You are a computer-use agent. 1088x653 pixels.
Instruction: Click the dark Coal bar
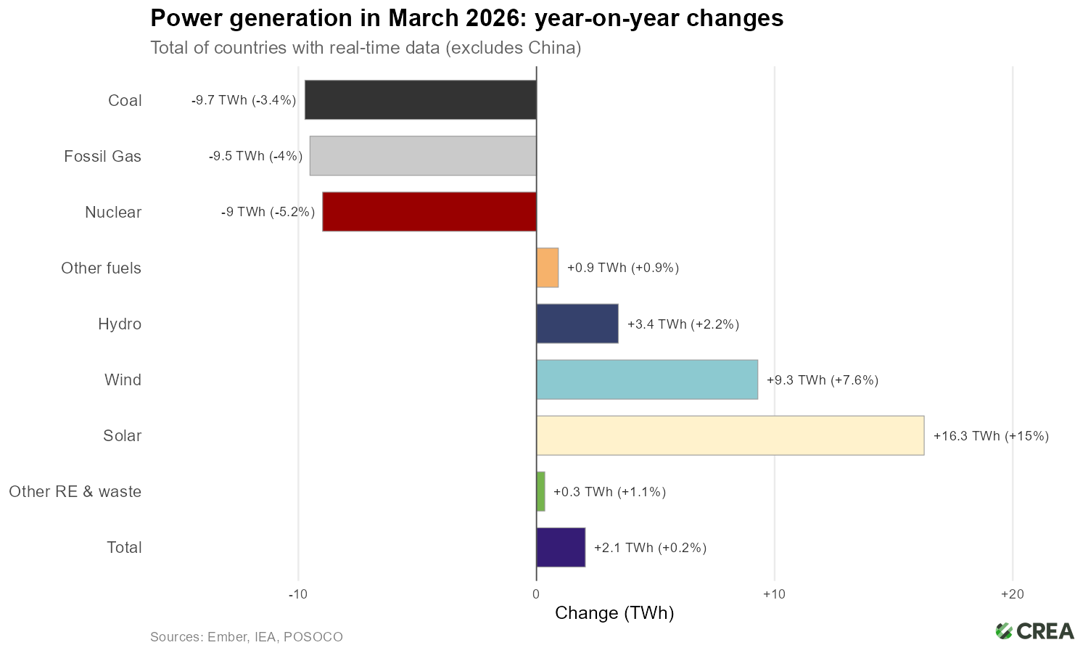point(421,100)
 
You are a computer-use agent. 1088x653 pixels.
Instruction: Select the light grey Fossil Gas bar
point(423,156)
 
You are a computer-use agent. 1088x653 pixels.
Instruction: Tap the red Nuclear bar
point(429,212)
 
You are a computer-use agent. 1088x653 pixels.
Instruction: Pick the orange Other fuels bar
point(548,268)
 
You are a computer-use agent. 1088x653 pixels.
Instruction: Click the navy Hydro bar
point(577,324)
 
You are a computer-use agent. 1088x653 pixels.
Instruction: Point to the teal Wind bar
point(647,379)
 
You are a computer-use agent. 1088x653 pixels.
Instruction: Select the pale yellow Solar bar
point(730,435)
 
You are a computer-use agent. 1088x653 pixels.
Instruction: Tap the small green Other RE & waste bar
point(541,491)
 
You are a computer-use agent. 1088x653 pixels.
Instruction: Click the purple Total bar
point(561,547)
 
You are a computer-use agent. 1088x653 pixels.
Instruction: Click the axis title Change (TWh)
point(614,614)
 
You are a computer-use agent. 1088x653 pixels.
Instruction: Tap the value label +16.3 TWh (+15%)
point(991,436)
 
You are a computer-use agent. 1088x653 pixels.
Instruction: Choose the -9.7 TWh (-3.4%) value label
point(244,101)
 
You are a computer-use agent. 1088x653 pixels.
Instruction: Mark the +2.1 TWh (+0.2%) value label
point(650,548)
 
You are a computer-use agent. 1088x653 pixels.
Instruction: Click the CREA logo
point(1034,631)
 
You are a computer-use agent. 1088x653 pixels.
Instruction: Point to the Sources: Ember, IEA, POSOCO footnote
point(247,637)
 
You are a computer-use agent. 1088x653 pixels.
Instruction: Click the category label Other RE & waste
point(75,492)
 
